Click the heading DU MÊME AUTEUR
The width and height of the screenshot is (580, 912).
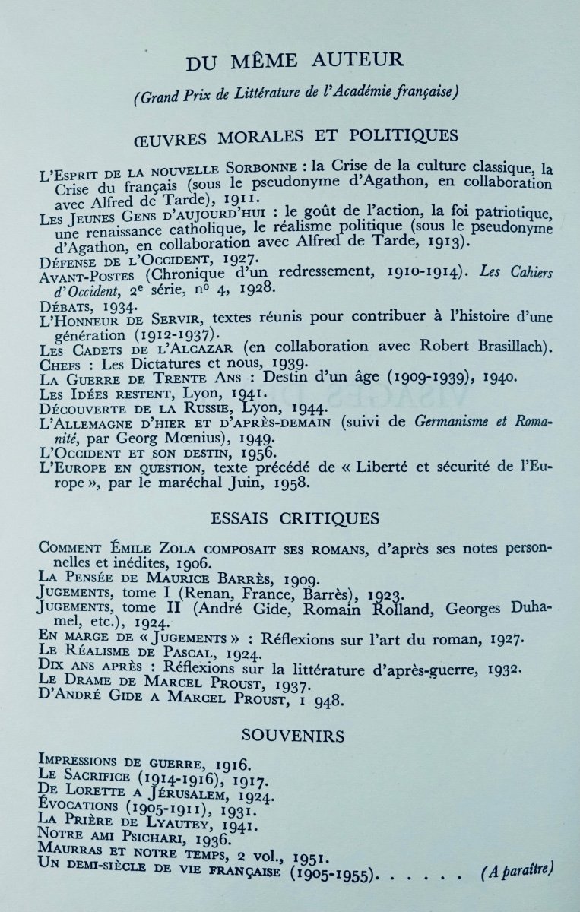click(x=288, y=59)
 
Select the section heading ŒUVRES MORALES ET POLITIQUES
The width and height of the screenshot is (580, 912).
click(x=295, y=136)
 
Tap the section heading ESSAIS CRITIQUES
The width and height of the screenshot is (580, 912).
click(x=294, y=520)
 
